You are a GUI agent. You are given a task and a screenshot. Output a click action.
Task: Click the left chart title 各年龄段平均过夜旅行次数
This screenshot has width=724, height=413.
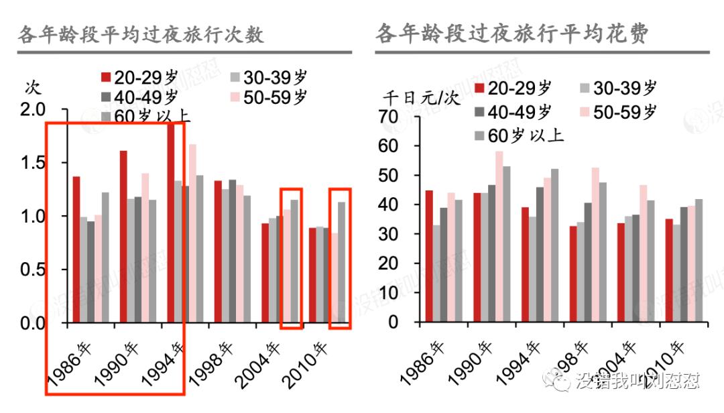click(x=141, y=34)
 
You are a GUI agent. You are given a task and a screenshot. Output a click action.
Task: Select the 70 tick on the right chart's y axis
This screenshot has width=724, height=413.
click(x=389, y=117)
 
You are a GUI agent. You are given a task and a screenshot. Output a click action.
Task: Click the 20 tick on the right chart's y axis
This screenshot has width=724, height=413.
click(x=389, y=263)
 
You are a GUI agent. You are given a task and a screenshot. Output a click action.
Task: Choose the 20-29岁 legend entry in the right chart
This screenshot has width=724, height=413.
click(x=512, y=88)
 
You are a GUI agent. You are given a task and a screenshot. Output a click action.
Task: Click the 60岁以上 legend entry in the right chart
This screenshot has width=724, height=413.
click(x=519, y=135)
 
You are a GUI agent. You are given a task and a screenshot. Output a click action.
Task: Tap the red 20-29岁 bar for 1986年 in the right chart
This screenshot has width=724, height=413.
click(x=428, y=256)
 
